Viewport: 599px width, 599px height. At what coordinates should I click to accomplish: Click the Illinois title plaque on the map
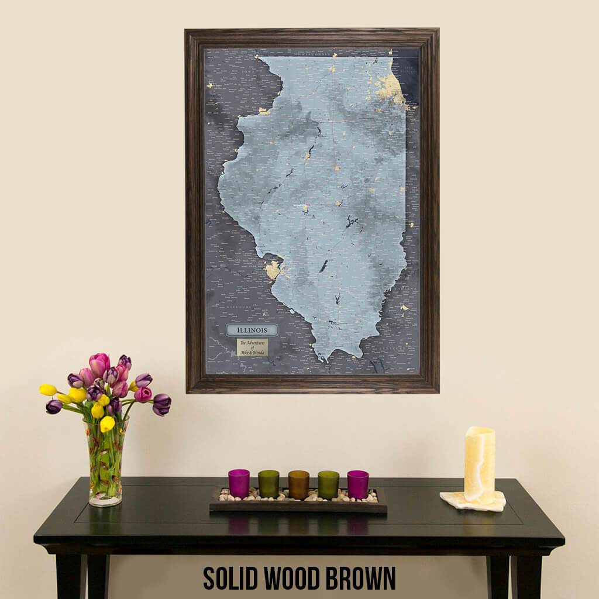point(252,330)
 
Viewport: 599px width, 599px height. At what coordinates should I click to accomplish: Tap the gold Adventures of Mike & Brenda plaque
point(252,347)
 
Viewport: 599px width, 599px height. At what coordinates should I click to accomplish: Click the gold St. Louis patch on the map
point(273,270)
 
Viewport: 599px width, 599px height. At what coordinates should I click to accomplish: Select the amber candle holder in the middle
point(298,484)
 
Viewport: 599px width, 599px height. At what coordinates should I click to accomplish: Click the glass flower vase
point(106,462)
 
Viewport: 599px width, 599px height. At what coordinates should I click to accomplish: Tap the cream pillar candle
point(479,464)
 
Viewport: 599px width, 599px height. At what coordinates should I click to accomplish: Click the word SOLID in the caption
point(230,578)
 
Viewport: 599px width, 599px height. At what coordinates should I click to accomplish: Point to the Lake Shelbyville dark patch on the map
point(352,221)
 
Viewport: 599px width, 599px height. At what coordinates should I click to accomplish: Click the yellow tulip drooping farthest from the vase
point(48,390)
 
